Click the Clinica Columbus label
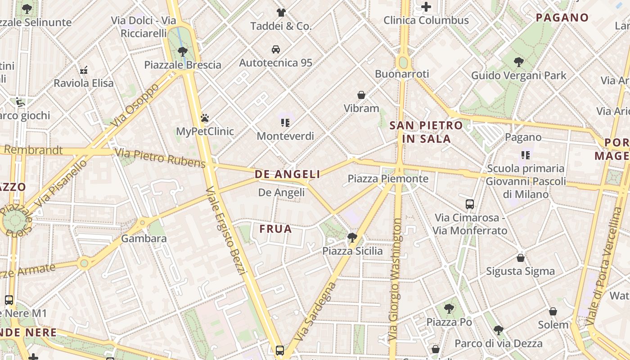click(x=426, y=20)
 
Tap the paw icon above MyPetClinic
click(x=205, y=118)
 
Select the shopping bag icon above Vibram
click(x=361, y=95)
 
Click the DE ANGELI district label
click(x=287, y=174)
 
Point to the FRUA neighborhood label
click(x=275, y=229)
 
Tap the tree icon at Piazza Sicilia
click(x=352, y=238)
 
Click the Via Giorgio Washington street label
click(x=395, y=279)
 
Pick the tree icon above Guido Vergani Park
click(x=518, y=62)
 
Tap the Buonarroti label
click(x=402, y=74)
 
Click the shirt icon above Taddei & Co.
click(x=281, y=13)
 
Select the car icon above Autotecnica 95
click(x=275, y=49)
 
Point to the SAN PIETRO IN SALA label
click(x=426, y=132)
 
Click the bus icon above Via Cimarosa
click(x=470, y=204)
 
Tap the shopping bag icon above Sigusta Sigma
click(x=520, y=258)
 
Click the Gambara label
click(x=144, y=238)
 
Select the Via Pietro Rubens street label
click(x=160, y=157)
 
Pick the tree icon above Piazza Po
click(x=449, y=309)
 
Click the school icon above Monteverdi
click(x=285, y=122)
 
